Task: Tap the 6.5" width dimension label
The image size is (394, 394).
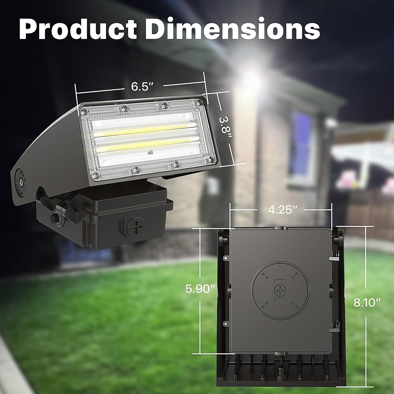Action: point(142,87)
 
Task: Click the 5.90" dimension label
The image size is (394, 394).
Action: point(200,289)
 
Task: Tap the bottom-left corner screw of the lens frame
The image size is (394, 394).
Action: point(95,176)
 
